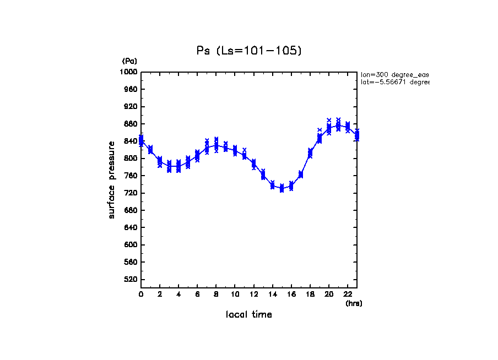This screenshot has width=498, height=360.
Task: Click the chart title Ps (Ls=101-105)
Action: click(x=249, y=51)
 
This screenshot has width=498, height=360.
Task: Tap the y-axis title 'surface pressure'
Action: click(x=112, y=179)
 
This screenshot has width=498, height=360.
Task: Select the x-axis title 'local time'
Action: click(x=249, y=315)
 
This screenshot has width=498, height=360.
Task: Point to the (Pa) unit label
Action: click(x=129, y=61)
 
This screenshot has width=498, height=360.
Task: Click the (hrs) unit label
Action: click(x=354, y=303)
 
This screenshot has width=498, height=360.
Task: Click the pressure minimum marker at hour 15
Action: click(x=282, y=188)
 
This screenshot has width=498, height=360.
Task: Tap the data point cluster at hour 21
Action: click(x=338, y=125)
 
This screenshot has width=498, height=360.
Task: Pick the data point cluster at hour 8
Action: click(x=216, y=145)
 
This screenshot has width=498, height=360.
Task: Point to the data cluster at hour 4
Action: click(x=178, y=166)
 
